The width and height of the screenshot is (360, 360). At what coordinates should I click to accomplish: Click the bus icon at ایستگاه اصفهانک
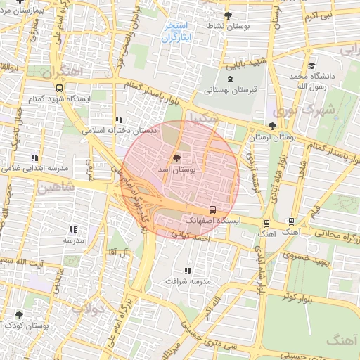coord(213,210)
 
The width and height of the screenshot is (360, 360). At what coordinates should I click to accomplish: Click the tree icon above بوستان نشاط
coord(227,15)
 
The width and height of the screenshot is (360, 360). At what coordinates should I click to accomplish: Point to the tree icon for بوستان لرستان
coord(272,126)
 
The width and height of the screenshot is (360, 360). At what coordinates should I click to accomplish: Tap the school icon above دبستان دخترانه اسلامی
coord(118,120)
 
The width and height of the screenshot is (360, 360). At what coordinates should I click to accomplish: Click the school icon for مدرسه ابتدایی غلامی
coord(34,157)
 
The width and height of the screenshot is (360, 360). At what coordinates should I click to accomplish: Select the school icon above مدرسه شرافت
coord(187,270)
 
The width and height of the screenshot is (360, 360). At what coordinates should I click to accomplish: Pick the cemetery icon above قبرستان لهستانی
coord(231,79)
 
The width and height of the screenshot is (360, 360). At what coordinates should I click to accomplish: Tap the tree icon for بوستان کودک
coord(18,314)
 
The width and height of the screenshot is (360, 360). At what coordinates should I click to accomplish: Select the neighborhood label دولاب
coord(88,309)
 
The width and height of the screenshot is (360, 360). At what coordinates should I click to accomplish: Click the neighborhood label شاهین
coord(56,188)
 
